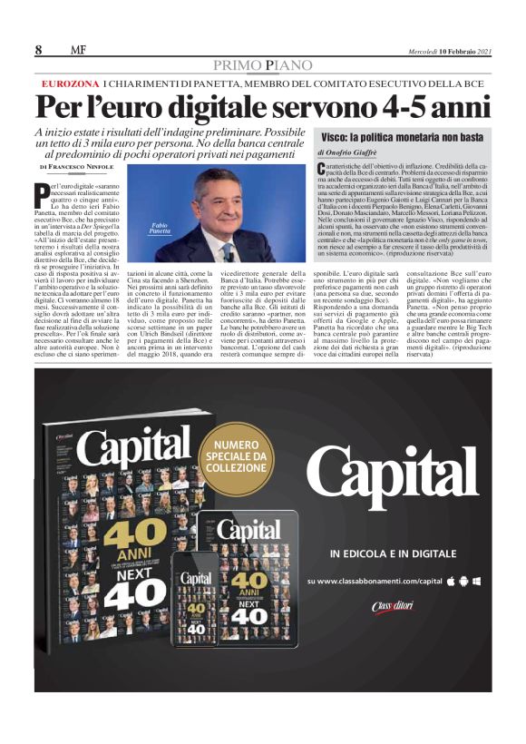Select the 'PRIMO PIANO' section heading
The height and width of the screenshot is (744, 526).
(263, 65)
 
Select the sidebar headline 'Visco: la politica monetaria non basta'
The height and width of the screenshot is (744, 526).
(395, 137)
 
